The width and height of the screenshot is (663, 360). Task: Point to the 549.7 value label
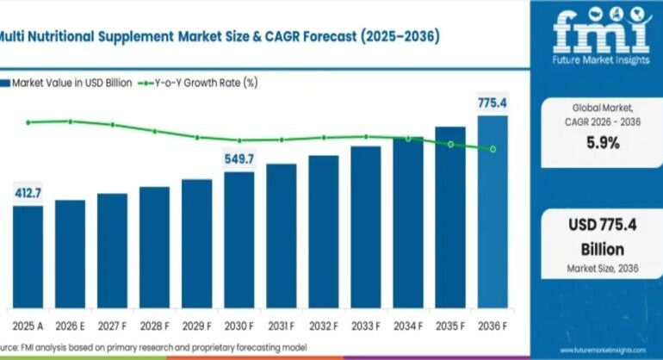click(239, 159)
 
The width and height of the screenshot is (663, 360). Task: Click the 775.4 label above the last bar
click(493, 103)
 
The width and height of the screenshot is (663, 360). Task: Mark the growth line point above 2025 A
click(28, 122)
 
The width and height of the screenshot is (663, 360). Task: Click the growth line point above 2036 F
click(493, 149)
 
